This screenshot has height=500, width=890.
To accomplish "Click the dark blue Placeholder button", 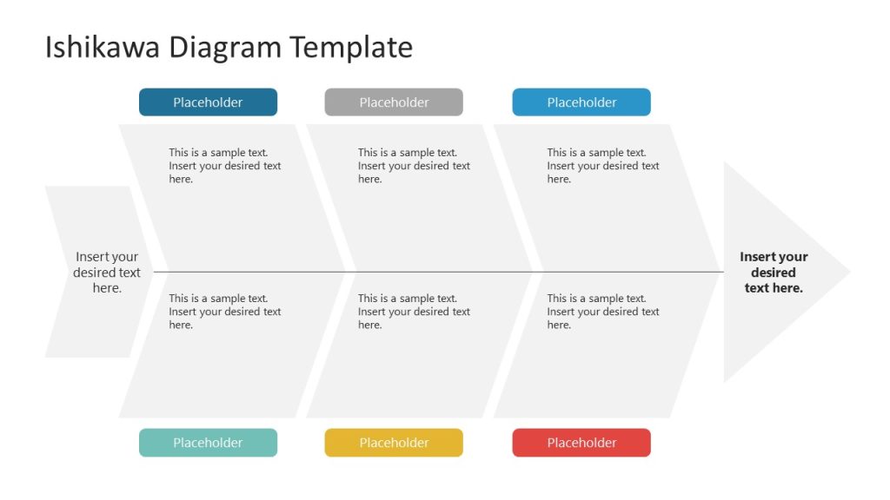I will (208, 102).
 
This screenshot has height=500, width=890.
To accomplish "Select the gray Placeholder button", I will (394, 102).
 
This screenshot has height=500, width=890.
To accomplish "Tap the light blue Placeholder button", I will (581, 102).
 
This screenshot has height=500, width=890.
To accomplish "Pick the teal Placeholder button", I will (208, 443).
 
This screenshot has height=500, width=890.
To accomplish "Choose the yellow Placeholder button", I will (394, 443).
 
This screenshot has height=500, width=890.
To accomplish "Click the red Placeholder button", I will (581, 443).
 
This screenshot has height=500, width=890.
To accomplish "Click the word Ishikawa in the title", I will (103, 47).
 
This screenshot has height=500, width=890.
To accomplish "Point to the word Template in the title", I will (351, 47).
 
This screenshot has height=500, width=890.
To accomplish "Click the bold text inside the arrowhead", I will (774, 272).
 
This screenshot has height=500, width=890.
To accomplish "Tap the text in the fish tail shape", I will (107, 272).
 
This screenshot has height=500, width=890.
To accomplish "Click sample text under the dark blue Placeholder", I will (224, 166).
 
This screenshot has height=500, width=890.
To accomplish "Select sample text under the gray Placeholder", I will (414, 166).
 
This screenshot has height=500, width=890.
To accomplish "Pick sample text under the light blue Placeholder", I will (602, 166).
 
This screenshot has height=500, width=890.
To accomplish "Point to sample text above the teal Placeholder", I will (224, 312).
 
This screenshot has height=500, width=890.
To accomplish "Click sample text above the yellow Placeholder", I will (414, 312).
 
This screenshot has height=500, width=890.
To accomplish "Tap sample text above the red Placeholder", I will (602, 312).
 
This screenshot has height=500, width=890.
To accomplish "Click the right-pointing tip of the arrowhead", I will (847, 272).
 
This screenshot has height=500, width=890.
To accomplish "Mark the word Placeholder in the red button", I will (581, 443).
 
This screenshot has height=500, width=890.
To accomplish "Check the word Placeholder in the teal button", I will (208, 443).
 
